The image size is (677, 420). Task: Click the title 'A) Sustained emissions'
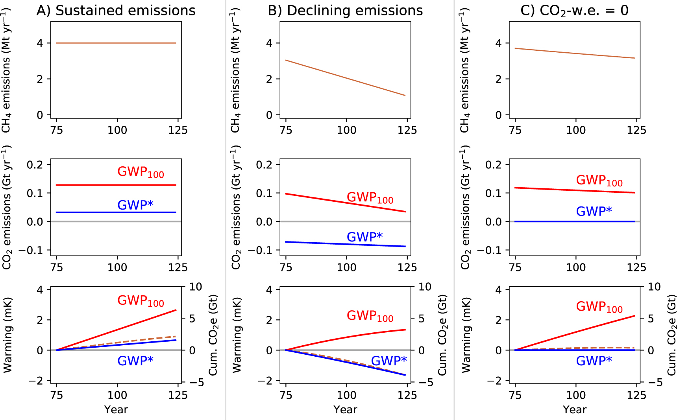(116, 11)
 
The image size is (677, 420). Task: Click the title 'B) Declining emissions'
(345, 11)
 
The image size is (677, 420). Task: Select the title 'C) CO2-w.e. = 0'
(574, 11)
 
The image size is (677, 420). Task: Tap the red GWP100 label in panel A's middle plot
(141, 172)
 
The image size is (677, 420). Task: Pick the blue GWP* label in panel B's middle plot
(364, 237)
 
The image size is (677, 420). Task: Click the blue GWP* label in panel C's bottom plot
(594, 361)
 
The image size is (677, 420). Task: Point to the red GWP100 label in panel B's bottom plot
(370, 316)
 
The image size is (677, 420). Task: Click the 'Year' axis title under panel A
(116, 410)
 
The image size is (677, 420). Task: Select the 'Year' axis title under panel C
(574, 410)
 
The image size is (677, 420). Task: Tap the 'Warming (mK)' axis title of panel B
(237, 335)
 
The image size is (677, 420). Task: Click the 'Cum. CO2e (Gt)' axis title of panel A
(213, 335)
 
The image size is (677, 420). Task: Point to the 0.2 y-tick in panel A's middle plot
(35, 164)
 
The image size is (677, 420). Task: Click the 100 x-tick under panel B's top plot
(346, 130)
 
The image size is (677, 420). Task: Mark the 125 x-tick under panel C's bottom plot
(636, 395)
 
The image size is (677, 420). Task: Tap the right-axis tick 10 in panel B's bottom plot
(424, 287)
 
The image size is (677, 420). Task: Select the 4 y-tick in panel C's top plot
(498, 43)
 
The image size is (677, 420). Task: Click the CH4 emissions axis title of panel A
(7, 71)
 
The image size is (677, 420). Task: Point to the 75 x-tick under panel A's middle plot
(57, 267)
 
